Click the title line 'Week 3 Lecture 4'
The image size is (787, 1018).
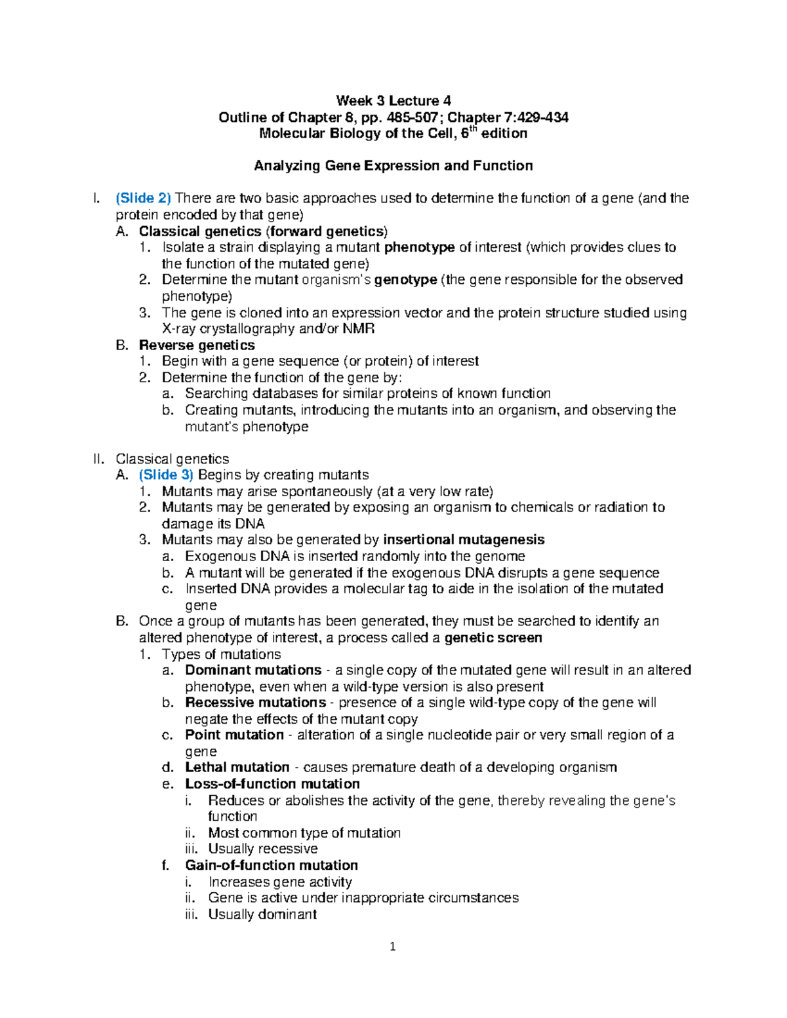393,101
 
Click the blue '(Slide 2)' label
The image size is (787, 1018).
143,198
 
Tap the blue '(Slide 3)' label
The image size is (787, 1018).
166,475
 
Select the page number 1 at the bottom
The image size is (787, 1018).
393,947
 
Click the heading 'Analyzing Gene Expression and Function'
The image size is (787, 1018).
393,166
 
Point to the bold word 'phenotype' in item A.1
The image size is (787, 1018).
420,247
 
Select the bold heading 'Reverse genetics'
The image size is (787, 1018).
197,345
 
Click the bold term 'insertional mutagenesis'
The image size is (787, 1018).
464,539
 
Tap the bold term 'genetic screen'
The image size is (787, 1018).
493,638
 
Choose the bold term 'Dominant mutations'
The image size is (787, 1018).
253,670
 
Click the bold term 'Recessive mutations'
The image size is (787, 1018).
255,703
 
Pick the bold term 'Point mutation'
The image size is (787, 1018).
234,735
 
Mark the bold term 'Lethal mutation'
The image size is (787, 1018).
237,767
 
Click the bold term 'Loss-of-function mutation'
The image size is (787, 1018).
272,784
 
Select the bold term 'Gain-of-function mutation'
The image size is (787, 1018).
272,865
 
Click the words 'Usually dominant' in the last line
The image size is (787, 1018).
262,914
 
